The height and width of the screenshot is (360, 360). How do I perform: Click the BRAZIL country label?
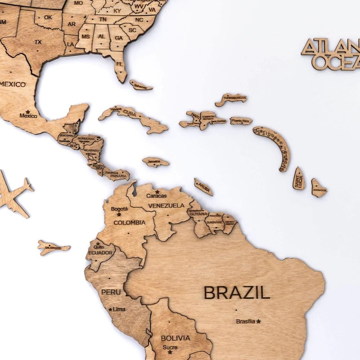tap(237, 292)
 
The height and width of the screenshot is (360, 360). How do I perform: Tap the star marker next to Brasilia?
tap(258, 321)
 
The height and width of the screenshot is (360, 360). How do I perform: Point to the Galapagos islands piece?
tap(53, 247)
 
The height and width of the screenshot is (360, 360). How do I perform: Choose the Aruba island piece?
tap(203, 187)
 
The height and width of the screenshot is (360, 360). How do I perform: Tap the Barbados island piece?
tap(319, 189)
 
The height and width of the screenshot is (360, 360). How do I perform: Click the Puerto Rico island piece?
tap(241, 121)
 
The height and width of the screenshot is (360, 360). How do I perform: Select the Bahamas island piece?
tap(141, 85)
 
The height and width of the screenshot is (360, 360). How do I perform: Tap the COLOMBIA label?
tap(129, 222)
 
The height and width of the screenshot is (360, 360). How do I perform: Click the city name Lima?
tap(119, 309)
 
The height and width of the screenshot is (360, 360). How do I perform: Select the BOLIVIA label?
tap(175, 337)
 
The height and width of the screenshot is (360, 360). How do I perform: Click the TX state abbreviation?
tap(38, 42)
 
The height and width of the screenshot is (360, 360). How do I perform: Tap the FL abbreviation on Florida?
tap(119, 64)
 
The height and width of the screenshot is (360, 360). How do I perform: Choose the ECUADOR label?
tap(100, 253)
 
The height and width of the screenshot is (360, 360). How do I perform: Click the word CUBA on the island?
tap(130, 111)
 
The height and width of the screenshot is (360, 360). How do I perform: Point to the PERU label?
tap(111, 292)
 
